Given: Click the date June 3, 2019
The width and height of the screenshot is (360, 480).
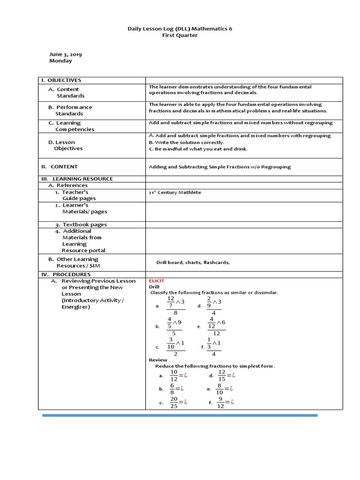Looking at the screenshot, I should click(x=65, y=54).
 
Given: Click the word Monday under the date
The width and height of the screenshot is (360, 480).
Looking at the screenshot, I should click(x=61, y=61).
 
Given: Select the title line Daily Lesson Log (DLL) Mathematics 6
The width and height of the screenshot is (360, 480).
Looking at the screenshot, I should click(x=180, y=29).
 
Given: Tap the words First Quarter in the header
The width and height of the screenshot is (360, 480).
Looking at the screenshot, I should click(x=180, y=35).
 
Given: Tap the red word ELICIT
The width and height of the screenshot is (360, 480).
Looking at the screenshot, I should click(x=157, y=280).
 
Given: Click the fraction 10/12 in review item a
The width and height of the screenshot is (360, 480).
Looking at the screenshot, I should click(x=174, y=375).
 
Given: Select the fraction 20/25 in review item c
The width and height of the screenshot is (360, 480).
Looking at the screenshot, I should click(x=174, y=402).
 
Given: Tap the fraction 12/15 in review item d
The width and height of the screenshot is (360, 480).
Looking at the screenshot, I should click(x=222, y=375).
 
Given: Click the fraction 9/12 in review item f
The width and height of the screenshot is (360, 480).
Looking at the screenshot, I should click(x=221, y=402).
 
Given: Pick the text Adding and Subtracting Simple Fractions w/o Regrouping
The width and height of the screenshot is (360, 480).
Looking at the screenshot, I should click(x=219, y=166).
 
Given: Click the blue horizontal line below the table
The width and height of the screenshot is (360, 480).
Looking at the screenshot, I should click(x=180, y=415).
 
